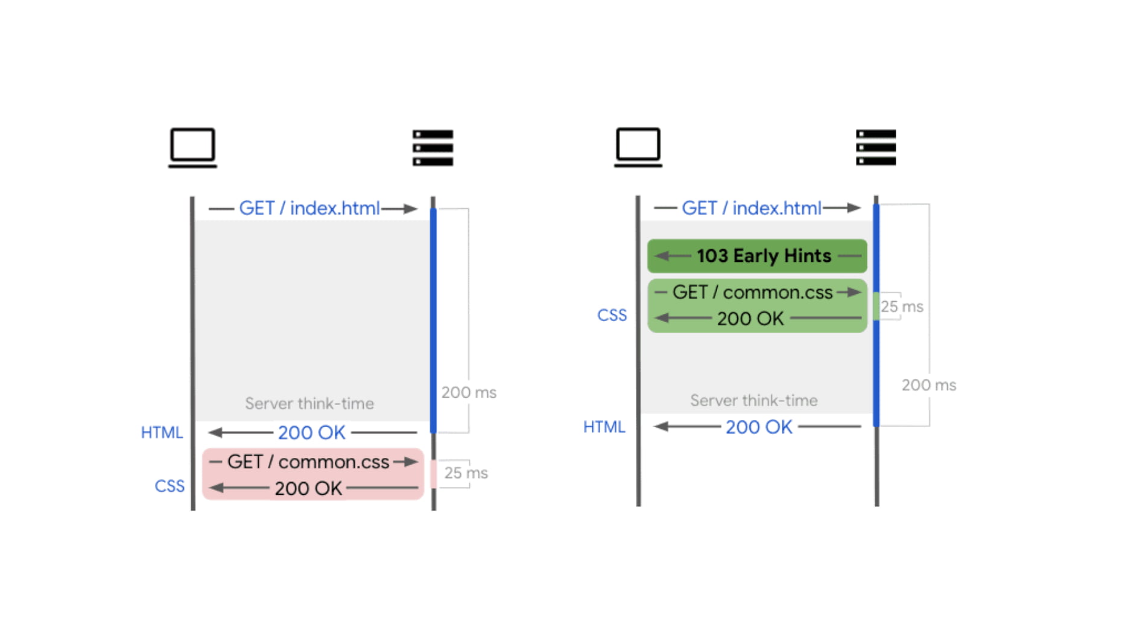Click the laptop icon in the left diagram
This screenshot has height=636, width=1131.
pos(192,147)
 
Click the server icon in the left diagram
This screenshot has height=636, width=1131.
pos(432,147)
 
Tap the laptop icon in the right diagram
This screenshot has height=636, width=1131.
pos(638,147)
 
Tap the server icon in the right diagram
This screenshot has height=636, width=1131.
pos(876,147)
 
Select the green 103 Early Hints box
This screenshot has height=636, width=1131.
pos(757,256)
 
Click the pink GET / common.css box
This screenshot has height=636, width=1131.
pos(312,474)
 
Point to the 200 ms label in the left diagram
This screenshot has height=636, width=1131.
pos(469,392)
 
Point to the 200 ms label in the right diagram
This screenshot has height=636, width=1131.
pos(928,385)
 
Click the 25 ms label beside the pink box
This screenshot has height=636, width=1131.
pos(466,473)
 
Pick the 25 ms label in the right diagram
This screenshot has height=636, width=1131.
pos(901,307)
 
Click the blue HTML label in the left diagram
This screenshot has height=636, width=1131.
pos(162,433)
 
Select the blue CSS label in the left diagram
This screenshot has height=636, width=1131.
pos(169,486)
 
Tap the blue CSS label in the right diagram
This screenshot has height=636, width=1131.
pos(612,315)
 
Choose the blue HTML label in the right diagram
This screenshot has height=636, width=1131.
pos(604,427)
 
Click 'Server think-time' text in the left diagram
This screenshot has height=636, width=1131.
pos(309,403)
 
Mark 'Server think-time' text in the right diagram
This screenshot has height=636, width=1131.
pos(753,400)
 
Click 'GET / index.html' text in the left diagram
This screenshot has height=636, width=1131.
pos(309,208)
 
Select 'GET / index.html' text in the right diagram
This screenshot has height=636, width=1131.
pos(752,208)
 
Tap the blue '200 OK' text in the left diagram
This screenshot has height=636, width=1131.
pos(311,433)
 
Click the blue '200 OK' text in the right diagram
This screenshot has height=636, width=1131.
pos(758,427)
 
